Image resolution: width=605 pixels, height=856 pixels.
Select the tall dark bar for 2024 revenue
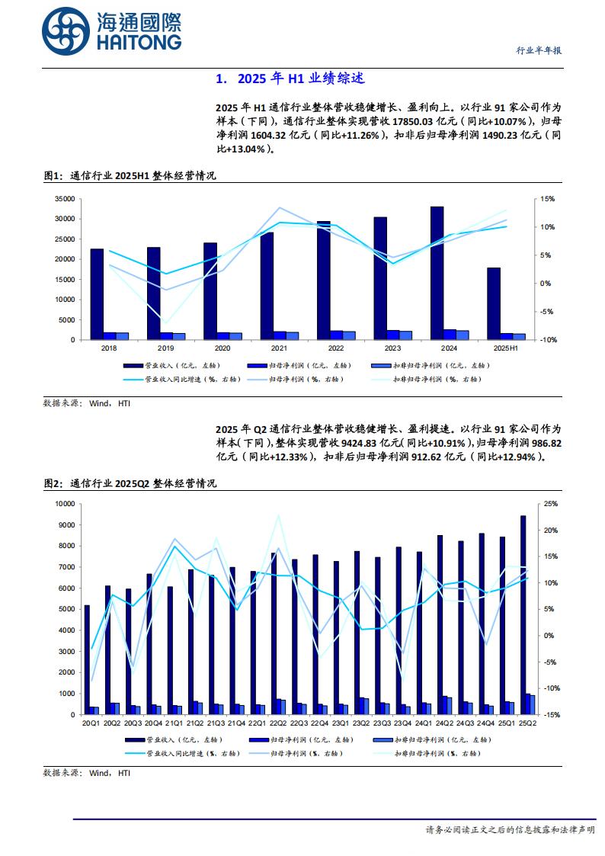pos(437,272)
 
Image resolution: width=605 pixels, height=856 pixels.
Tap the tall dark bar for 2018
pos(97,293)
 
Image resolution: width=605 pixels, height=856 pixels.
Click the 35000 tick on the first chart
pos(64,199)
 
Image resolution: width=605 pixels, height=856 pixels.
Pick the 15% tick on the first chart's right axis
pos(549,199)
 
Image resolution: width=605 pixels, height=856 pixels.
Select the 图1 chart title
pos(130,175)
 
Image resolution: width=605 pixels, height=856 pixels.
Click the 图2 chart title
pos(130,483)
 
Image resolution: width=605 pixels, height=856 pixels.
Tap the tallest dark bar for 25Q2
pos(523,614)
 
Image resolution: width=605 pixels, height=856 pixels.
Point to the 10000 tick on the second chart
pos(62,504)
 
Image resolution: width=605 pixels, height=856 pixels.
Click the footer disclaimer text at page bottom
pos(510,829)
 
